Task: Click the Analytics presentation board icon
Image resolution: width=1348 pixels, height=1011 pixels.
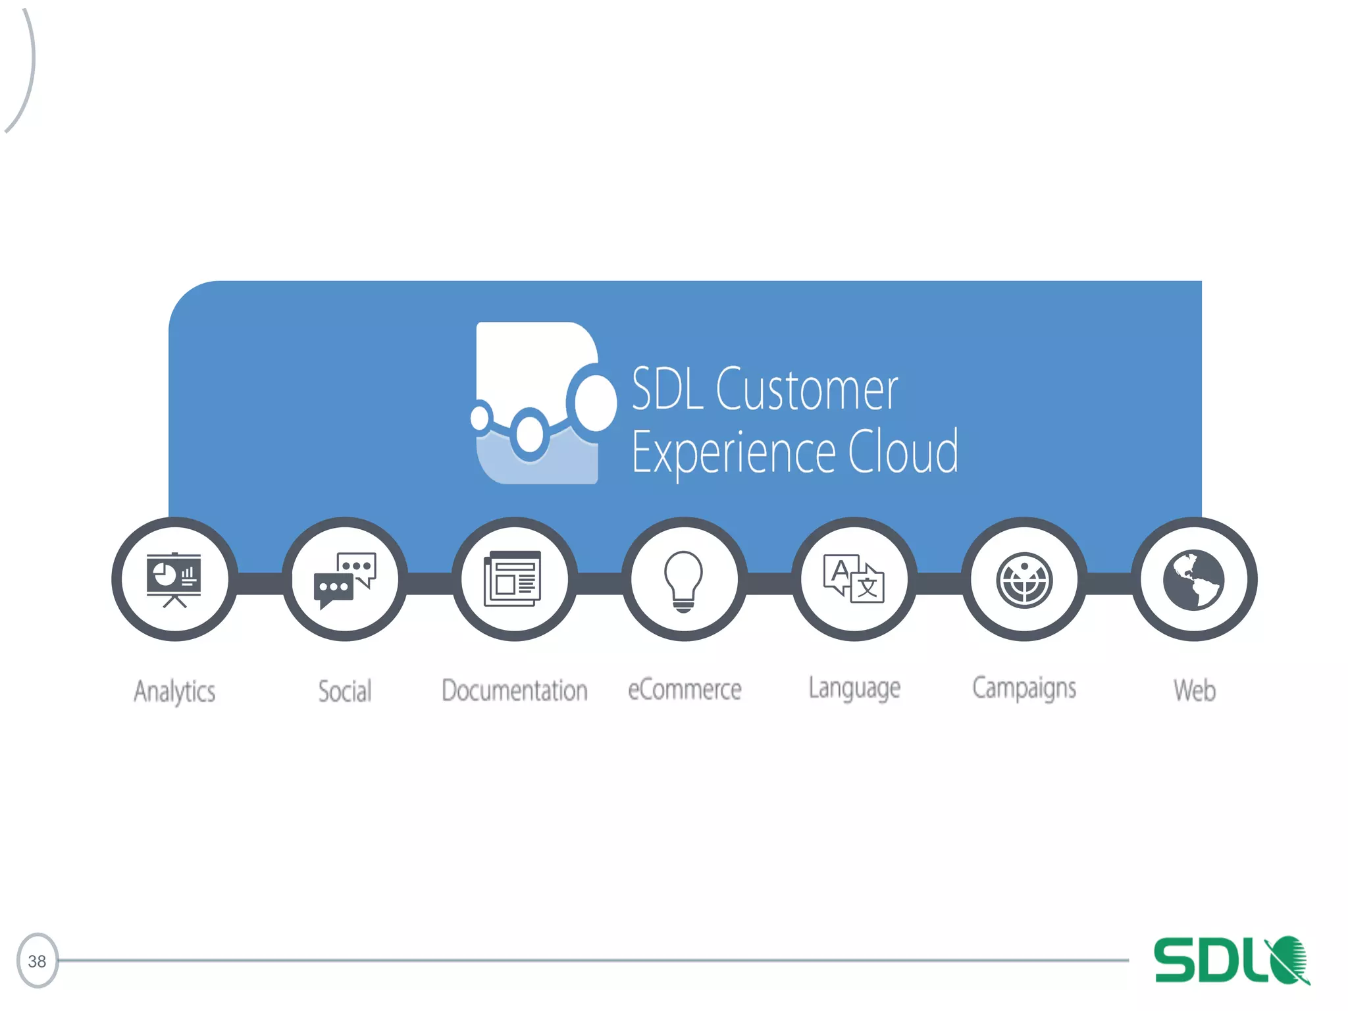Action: point(174,579)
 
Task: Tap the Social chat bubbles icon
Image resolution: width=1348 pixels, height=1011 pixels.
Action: point(344,579)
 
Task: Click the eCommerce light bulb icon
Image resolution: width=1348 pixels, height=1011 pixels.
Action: point(684,581)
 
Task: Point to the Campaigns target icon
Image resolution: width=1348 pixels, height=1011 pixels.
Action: point(1024,580)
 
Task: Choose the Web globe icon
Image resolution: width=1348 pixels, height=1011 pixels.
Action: point(1193,579)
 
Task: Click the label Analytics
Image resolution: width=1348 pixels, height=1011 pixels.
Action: point(174,691)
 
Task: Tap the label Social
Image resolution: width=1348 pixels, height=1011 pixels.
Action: point(345,691)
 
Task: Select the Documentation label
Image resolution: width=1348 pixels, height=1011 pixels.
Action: point(515,690)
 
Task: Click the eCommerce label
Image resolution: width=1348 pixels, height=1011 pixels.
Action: point(685,690)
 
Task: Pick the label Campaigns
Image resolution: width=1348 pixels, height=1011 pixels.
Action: point(1024,688)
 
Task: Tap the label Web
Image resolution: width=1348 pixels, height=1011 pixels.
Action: point(1195,690)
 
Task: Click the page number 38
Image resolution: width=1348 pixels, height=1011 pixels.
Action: point(37,961)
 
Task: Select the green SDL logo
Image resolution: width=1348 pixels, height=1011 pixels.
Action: point(1231,960)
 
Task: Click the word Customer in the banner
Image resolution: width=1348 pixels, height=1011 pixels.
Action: point(806,390)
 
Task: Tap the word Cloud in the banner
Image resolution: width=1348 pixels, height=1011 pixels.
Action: point(902,452)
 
